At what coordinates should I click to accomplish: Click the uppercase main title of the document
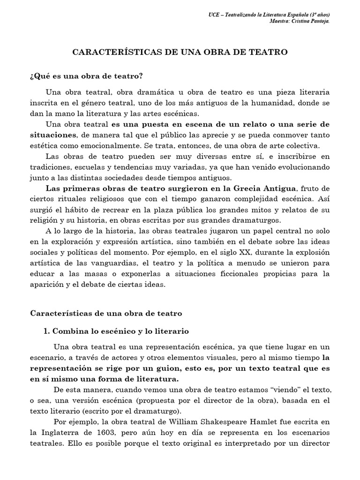[x=180, y=52]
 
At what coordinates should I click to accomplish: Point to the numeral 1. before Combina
[x=46, y=331]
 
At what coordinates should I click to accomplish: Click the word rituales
[x=70, y=200]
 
